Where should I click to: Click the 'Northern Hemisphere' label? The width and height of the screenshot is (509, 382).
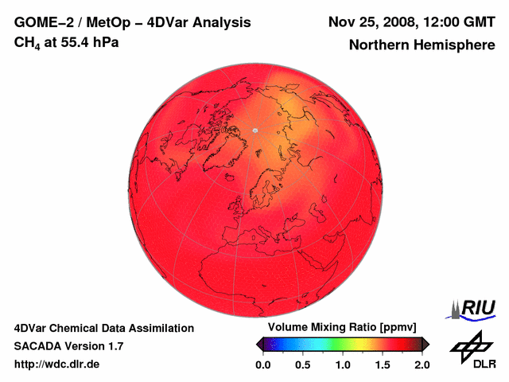tap(422, 45)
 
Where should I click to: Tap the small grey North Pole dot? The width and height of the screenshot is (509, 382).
tap(254, 130)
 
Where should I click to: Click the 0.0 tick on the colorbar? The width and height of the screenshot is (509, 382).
tap(262, 364)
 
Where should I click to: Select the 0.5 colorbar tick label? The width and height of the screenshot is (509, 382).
tap(302, 364)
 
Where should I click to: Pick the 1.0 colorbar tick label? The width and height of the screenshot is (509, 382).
tap(342, 364)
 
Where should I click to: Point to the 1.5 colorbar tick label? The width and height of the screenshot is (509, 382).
tap(382, 364)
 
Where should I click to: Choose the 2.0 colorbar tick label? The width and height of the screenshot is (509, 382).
tap(422, 364)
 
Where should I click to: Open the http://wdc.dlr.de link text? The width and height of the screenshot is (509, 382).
tap(57, 364)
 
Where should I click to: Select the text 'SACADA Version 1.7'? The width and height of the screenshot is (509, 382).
tap(68, 346)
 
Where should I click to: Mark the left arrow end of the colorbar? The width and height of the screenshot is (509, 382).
tap(259, 344)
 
